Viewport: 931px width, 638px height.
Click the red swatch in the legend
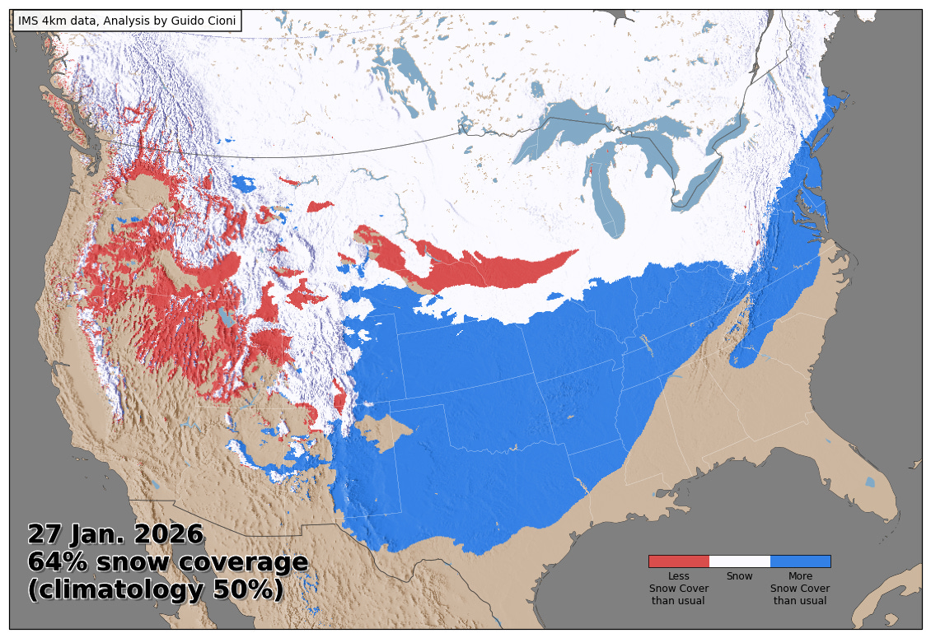pos(678,561)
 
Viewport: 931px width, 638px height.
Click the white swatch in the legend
pos(739,561)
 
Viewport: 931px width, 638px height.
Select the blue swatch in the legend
pos(800,561)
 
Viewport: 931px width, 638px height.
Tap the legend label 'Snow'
pos(739,576)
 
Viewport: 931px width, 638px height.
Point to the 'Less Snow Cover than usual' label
pos(678,589)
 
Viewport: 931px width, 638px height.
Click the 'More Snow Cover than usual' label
pos(800,589)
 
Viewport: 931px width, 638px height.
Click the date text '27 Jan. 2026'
pos(115,534)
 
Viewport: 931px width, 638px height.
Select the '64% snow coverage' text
pos(168,562)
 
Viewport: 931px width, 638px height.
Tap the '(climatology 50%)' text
pos(156,590)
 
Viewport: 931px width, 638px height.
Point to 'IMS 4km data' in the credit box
pos(52,21)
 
